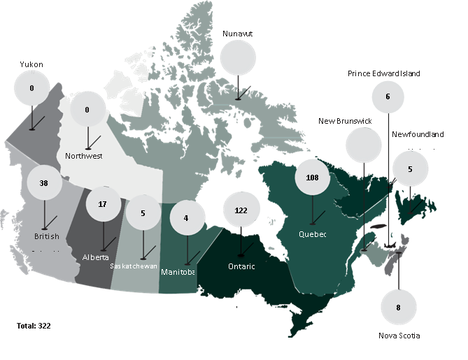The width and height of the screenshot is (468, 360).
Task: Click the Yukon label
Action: (x=32, y=64)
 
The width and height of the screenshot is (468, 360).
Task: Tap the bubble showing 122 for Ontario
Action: (x=241, y=210)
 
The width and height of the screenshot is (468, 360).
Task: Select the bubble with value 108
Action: (x=312, y=178)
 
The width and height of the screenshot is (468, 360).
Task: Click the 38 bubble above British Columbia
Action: (x=44, y=182)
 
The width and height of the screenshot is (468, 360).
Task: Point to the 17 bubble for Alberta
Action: (x=103, y=204)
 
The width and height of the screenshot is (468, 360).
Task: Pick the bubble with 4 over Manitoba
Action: (x=185, y=217)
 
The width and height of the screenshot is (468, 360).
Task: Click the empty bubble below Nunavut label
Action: (x=238, y=56)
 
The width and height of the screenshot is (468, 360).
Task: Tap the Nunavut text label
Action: (x=238, y=34)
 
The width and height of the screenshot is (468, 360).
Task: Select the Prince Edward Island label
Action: (x=384, y=73)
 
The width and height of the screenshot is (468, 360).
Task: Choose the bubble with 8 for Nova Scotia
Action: (x=398, y=306)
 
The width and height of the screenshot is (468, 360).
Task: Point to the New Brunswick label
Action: (x=345, y=121)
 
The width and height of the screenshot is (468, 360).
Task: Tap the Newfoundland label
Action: (x=418, y=134)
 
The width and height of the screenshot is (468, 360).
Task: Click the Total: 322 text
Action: (x=34, y=326)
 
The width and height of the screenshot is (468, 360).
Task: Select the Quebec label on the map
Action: (x=312, y=233)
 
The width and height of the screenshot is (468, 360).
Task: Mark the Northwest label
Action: (x=83, y=156)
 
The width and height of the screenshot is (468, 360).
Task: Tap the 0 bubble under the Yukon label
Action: (x=32, y=89)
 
